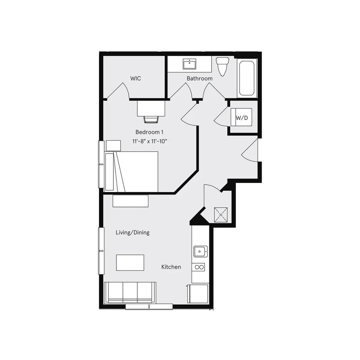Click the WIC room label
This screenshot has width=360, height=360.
136,78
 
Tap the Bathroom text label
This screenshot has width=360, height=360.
199,78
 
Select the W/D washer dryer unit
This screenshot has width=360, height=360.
241,117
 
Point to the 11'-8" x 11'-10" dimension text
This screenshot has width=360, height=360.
149,141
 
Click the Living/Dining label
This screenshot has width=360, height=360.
132,232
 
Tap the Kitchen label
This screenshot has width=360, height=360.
171,267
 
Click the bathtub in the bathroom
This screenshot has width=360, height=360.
247,78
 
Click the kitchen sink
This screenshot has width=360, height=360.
200,251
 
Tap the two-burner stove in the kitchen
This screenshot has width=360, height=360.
199,267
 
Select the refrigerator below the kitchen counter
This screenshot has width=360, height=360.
198,293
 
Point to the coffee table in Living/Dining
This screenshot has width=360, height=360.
130,262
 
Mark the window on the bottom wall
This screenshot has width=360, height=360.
149,306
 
